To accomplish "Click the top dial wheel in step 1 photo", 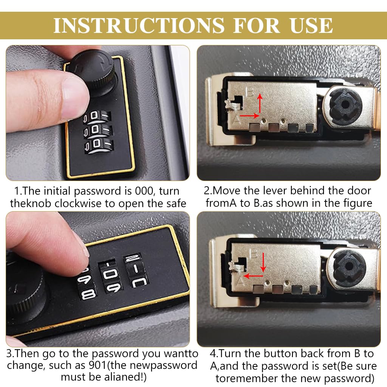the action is coord(97,116).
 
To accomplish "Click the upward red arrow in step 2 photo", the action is coord(260,103).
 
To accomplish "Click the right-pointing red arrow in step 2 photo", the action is coord(249,115).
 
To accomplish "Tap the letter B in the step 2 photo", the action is coord(250,92).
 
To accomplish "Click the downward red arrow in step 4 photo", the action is coord(263,262).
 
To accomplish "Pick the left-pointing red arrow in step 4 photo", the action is coord(253,276).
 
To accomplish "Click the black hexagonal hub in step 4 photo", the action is coord(348,266).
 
